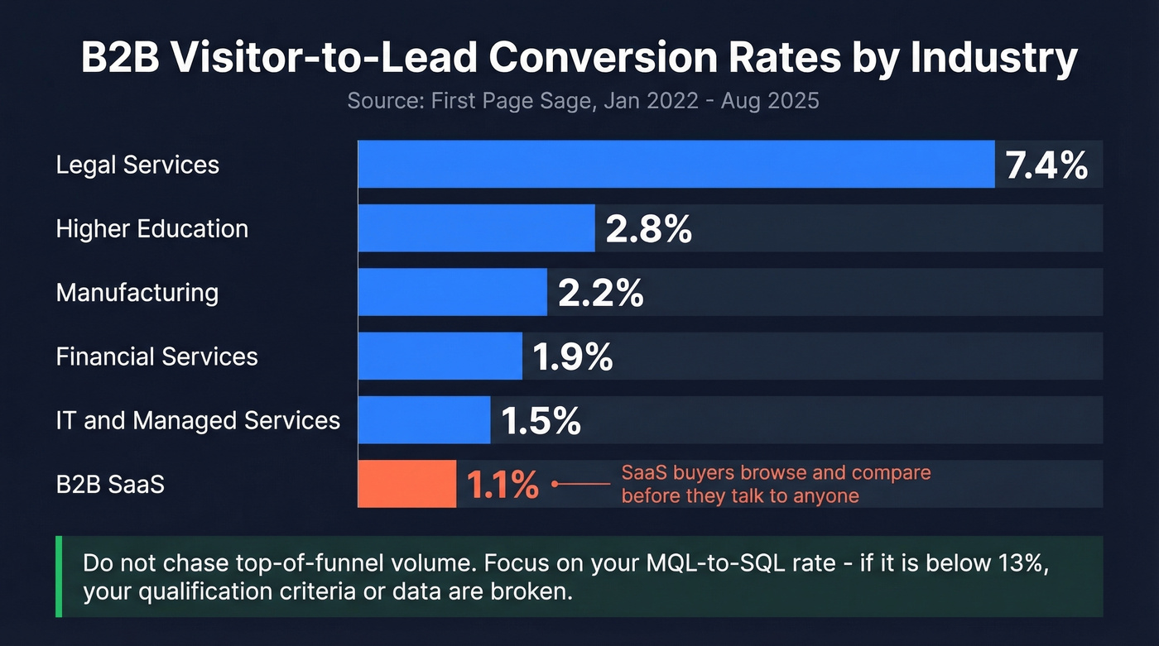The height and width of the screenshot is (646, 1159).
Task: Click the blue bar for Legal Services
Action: point(676,164)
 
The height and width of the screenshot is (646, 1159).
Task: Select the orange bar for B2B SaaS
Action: point(406,484)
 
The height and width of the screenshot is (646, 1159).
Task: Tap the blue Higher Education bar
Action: point(476,228)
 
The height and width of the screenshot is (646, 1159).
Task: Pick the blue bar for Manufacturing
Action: point(452,292)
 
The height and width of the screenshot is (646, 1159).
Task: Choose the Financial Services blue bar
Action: point(440,356)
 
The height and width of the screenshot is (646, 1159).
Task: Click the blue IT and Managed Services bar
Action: point(424,420)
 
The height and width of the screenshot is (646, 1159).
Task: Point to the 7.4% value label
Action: point(1046,165)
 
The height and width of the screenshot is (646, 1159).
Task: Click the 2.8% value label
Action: point(648,229)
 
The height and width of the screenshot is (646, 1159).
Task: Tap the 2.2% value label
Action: point(600,293)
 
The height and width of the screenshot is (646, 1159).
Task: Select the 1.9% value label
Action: point(572,356)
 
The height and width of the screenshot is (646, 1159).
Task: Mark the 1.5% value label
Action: point(541,421)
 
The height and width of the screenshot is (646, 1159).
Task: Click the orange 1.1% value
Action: point(503,486)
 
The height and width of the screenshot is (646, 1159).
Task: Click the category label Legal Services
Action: point(137,165)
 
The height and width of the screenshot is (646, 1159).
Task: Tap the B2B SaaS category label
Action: point(110,484)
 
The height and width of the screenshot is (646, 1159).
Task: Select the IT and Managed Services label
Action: point(198,420)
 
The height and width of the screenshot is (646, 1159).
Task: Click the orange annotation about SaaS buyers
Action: point(776,484)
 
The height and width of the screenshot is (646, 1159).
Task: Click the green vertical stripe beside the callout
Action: point(59,577)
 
